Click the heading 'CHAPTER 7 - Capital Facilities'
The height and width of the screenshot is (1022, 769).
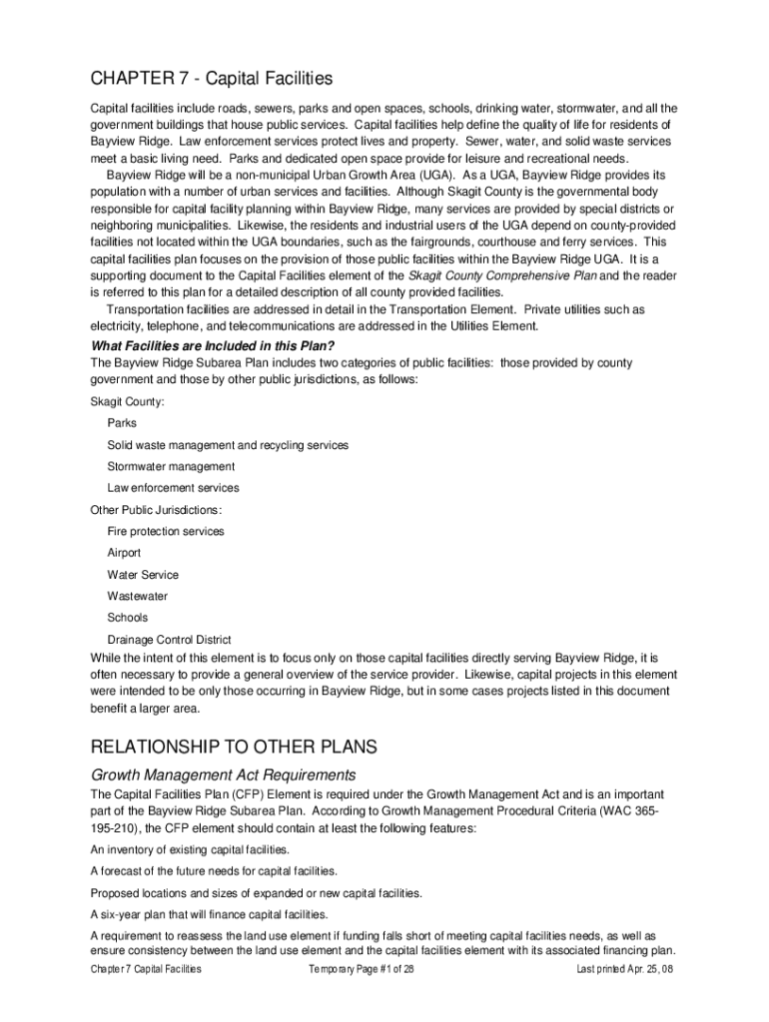(211, 79)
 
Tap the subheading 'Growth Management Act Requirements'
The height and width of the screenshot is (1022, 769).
(224, 774)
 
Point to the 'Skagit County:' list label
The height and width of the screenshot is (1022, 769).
(128, 401)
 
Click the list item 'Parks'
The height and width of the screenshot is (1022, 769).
(122, 423)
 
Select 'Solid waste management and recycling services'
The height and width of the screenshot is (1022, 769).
(228, 445)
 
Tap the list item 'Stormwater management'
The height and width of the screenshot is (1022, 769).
(171, 466)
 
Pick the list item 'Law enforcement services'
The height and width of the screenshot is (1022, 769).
(173, 488)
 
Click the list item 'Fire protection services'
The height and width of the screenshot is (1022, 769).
(166, 531)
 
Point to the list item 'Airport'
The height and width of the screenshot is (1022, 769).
(124, 553)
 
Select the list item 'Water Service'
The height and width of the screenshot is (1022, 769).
(143, 575)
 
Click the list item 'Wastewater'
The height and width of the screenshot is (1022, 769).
(138, 596)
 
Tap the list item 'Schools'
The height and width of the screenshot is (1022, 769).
(127, 618)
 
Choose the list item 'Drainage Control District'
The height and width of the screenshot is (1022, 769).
(169, 640)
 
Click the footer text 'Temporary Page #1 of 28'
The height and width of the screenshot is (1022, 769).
(362, 969)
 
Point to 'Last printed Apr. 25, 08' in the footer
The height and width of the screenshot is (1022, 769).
(625, 969)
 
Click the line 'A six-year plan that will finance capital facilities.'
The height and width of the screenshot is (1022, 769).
(209, 913)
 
